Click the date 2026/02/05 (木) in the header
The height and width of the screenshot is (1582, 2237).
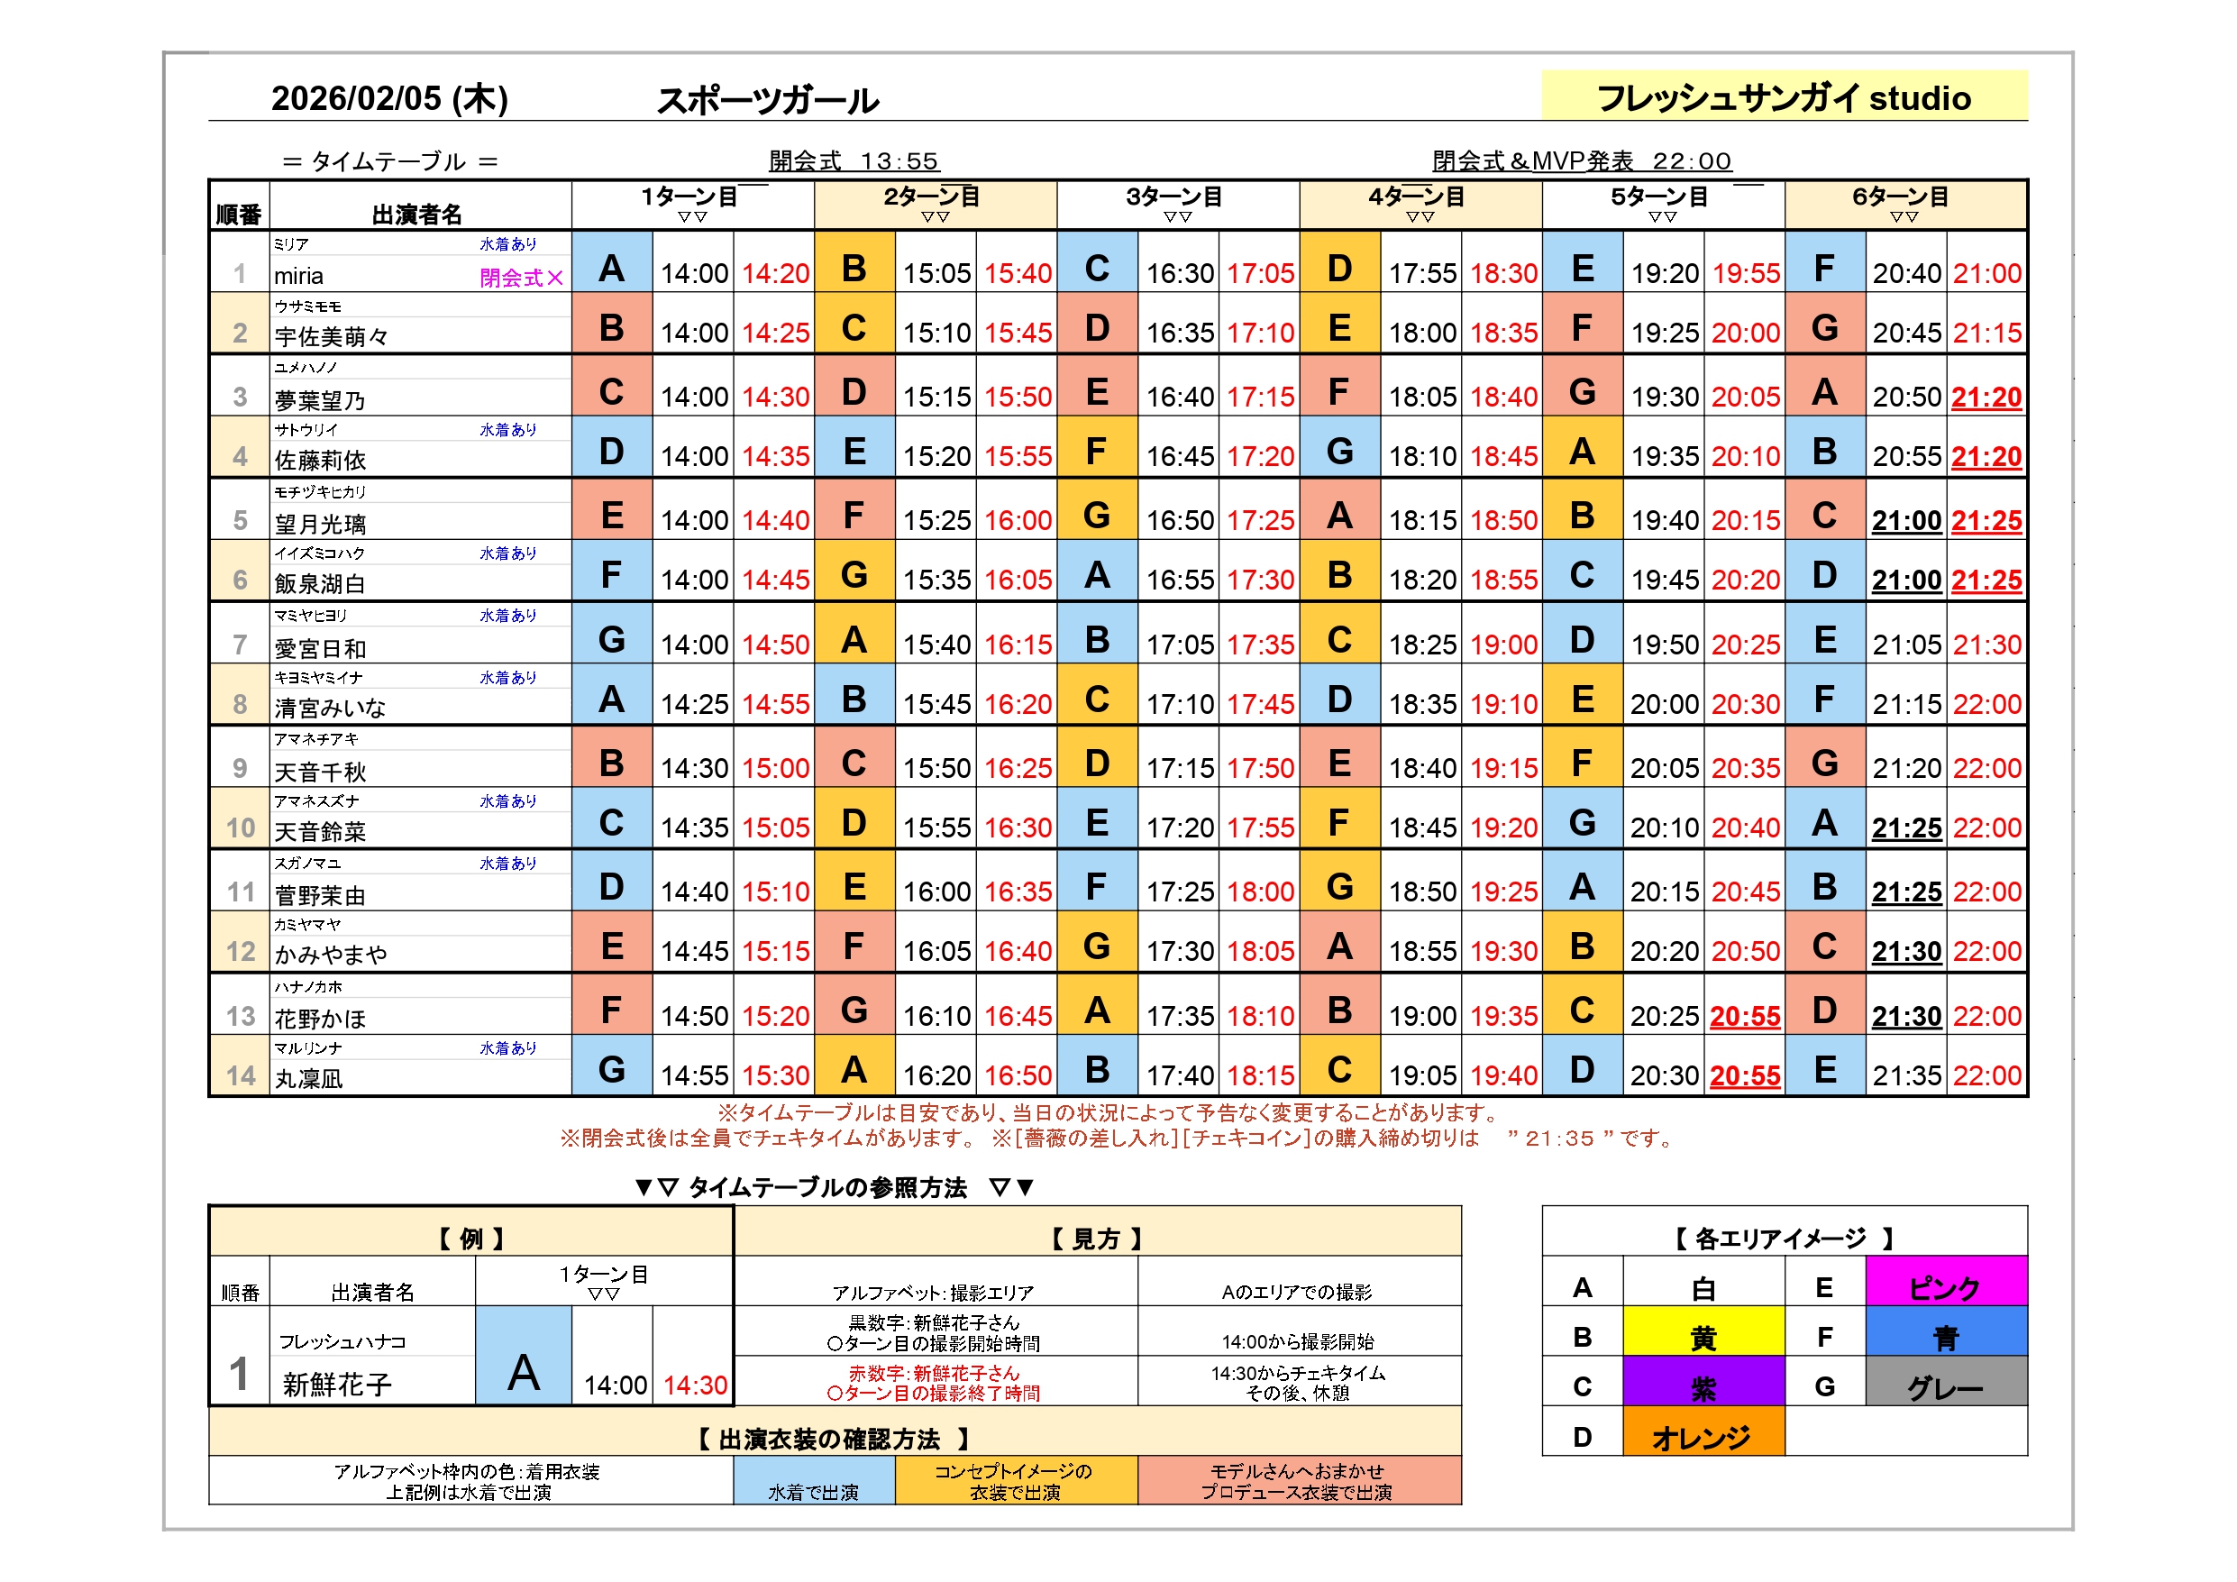(x=388, y=98)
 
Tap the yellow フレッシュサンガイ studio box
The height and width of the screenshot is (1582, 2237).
(x=1783, y=96)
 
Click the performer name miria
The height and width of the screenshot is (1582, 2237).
(x=298, y=277)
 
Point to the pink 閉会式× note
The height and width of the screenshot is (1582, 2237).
(x=520, y=278)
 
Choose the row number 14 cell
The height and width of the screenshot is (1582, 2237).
(x=240, y=1075)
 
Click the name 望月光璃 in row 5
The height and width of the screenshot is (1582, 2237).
(x=320, y=525)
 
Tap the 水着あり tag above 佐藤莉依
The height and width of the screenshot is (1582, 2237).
(x=507, y=430)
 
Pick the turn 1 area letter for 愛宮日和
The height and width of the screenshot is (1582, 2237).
(x=611, y=640)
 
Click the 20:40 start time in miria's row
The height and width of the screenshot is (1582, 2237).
(x=1905, y=274)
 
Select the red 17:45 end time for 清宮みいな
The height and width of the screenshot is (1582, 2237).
(x=1260, y=705)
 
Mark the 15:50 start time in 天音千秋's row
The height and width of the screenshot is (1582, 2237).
(x=936, y=769)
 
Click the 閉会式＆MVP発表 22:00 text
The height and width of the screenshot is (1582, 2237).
(x=1580, y=160)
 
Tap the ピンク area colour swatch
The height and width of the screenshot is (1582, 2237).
(x=1945, y=1286)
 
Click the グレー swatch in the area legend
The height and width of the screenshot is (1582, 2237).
(x=1945, y=1386)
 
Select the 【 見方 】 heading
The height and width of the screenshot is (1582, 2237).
(x=1096, y=1239)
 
